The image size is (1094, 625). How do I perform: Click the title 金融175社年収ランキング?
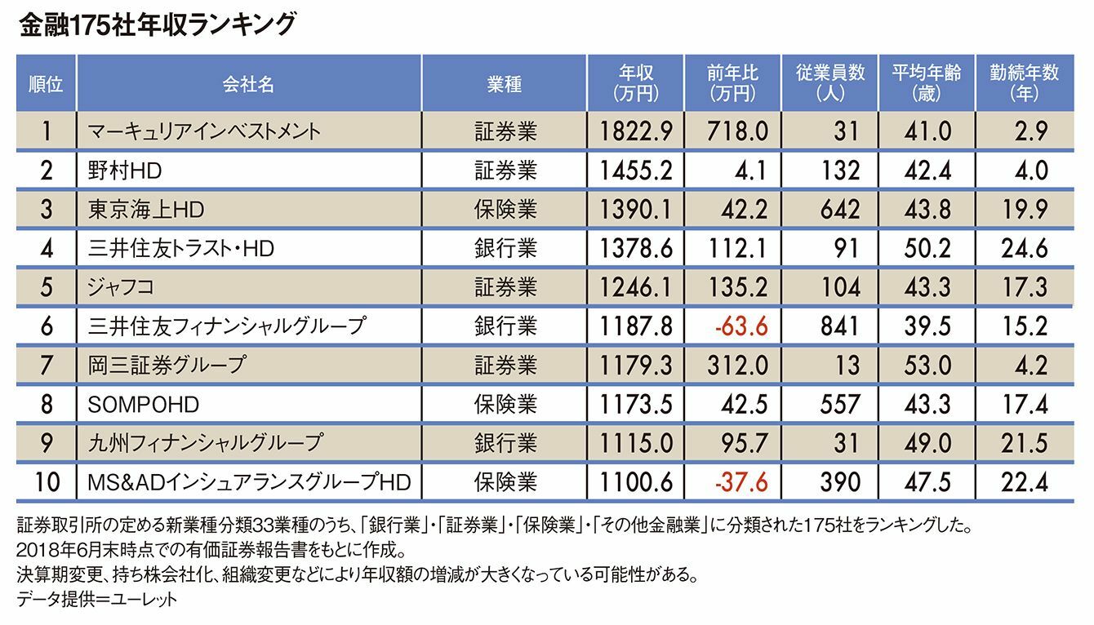[x=155, y=25]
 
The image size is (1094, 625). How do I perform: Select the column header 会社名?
[x=247, y=83]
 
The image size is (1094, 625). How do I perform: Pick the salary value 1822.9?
[x=636, y=131]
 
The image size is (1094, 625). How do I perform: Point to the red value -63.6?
[x=740, y=326]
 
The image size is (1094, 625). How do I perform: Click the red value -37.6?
[x=740, y=482]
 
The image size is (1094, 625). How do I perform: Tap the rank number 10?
[x=47, y=482]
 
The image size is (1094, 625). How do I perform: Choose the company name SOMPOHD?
[x=143, y=404]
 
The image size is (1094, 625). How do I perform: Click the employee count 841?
[x=838, y=326]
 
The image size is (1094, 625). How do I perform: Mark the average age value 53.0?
[x=928, y=365]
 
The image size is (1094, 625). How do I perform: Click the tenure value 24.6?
[x=1024, y=248]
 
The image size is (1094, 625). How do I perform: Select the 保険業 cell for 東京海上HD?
[x=505, y=209]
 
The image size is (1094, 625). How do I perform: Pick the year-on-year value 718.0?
[x=739, y=131]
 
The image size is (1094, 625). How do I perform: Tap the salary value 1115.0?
[x=636, y=443]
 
